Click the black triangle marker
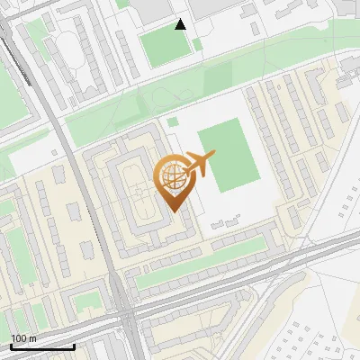click(x=181, y=24)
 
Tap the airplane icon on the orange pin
click(x=198, y=165)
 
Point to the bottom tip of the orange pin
click(x=173, y=210)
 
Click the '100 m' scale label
click(x=23, y=337)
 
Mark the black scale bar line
click(x=41, y=346)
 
